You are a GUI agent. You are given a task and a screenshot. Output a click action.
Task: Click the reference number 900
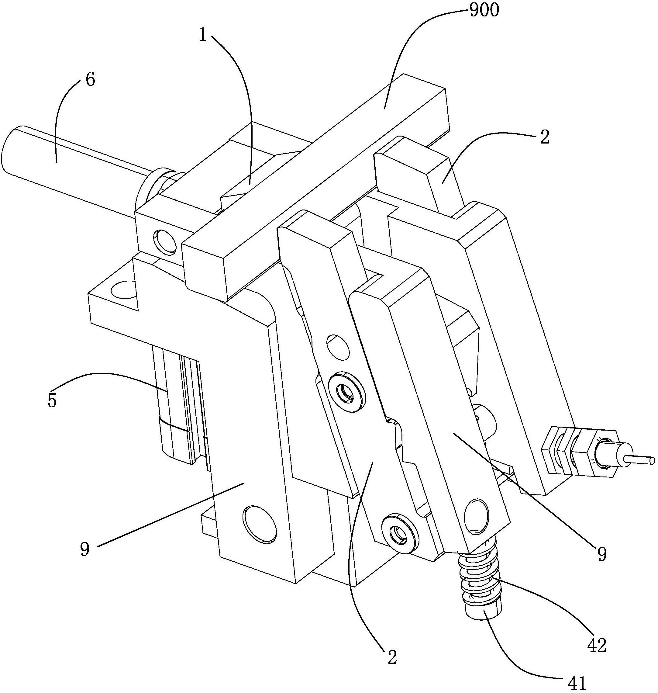tap(484, 11)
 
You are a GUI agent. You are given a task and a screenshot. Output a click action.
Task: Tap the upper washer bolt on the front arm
tap(347, 391)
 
